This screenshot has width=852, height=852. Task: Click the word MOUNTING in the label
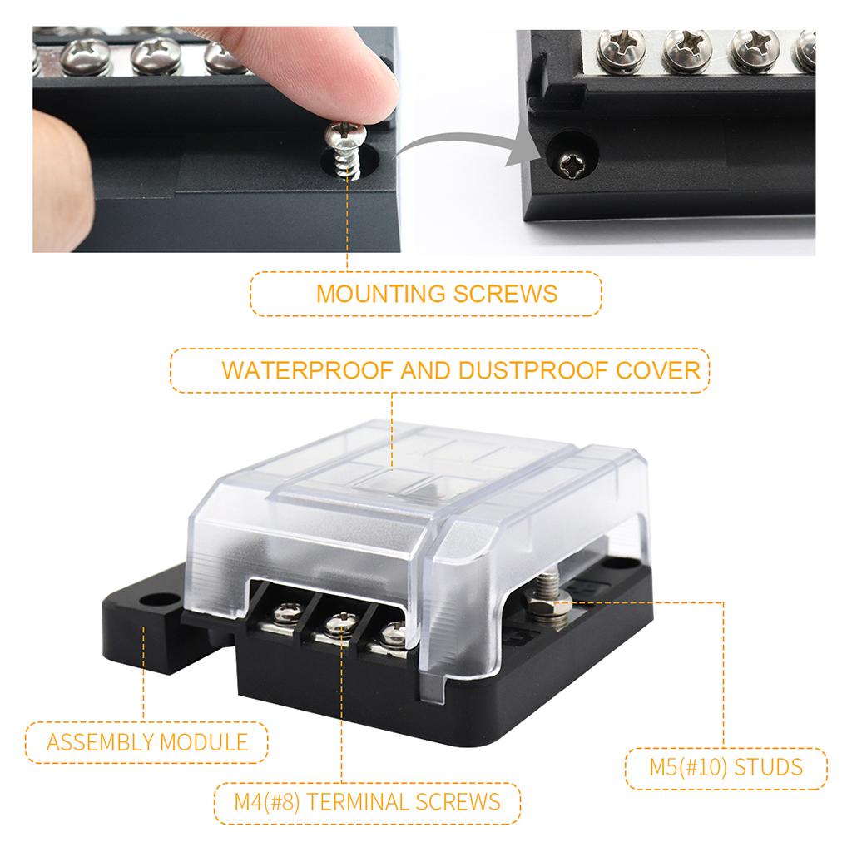point(380,294)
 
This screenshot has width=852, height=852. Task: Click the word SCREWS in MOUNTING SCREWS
point(505,294)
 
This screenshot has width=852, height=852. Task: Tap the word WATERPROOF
point(307,370)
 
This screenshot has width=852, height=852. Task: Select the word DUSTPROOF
point(534,370)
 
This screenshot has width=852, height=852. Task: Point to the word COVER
point(658,370)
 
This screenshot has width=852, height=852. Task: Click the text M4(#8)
point(267,802)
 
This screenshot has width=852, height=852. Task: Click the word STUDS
point(768,767)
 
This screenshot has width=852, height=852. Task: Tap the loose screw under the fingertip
point(345,150)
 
